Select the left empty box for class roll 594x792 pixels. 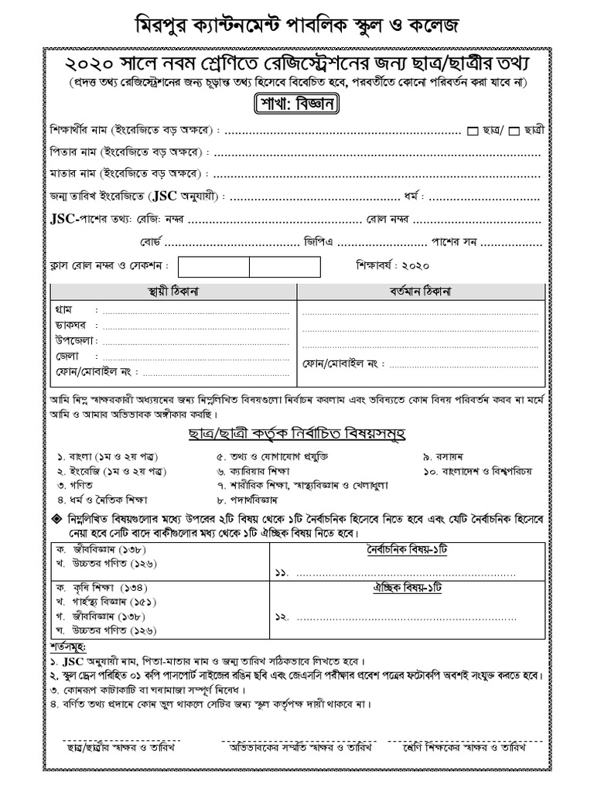213,267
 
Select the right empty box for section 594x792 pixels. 284,267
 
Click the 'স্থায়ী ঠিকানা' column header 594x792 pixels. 173,292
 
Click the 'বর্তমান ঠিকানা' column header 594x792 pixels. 420,292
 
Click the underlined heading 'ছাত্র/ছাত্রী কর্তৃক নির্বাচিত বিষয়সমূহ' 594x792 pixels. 297,431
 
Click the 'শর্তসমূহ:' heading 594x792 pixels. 66,647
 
